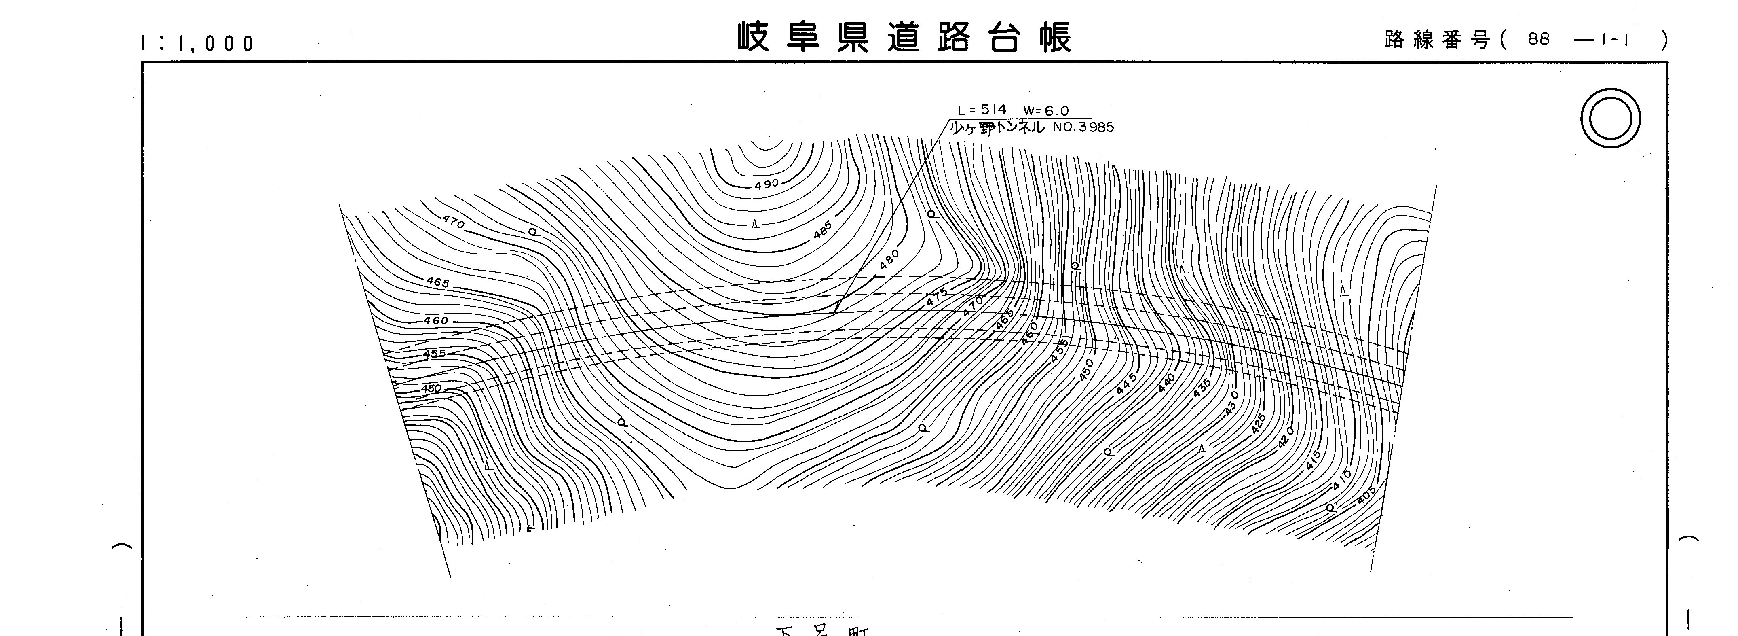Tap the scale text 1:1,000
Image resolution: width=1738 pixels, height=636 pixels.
coord(197,44)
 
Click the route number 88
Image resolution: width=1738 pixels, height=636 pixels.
coord(1539,40)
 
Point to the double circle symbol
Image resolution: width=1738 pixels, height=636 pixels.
coord(1611,118)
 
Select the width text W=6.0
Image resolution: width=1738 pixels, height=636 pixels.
coord(1046,111)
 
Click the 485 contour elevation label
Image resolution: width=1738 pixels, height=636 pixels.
coord(822,230)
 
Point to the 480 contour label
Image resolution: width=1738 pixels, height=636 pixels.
coord(889,259)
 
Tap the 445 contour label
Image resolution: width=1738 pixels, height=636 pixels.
coord(1126,384)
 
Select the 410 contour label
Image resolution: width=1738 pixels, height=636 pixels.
coord(1342,480)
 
